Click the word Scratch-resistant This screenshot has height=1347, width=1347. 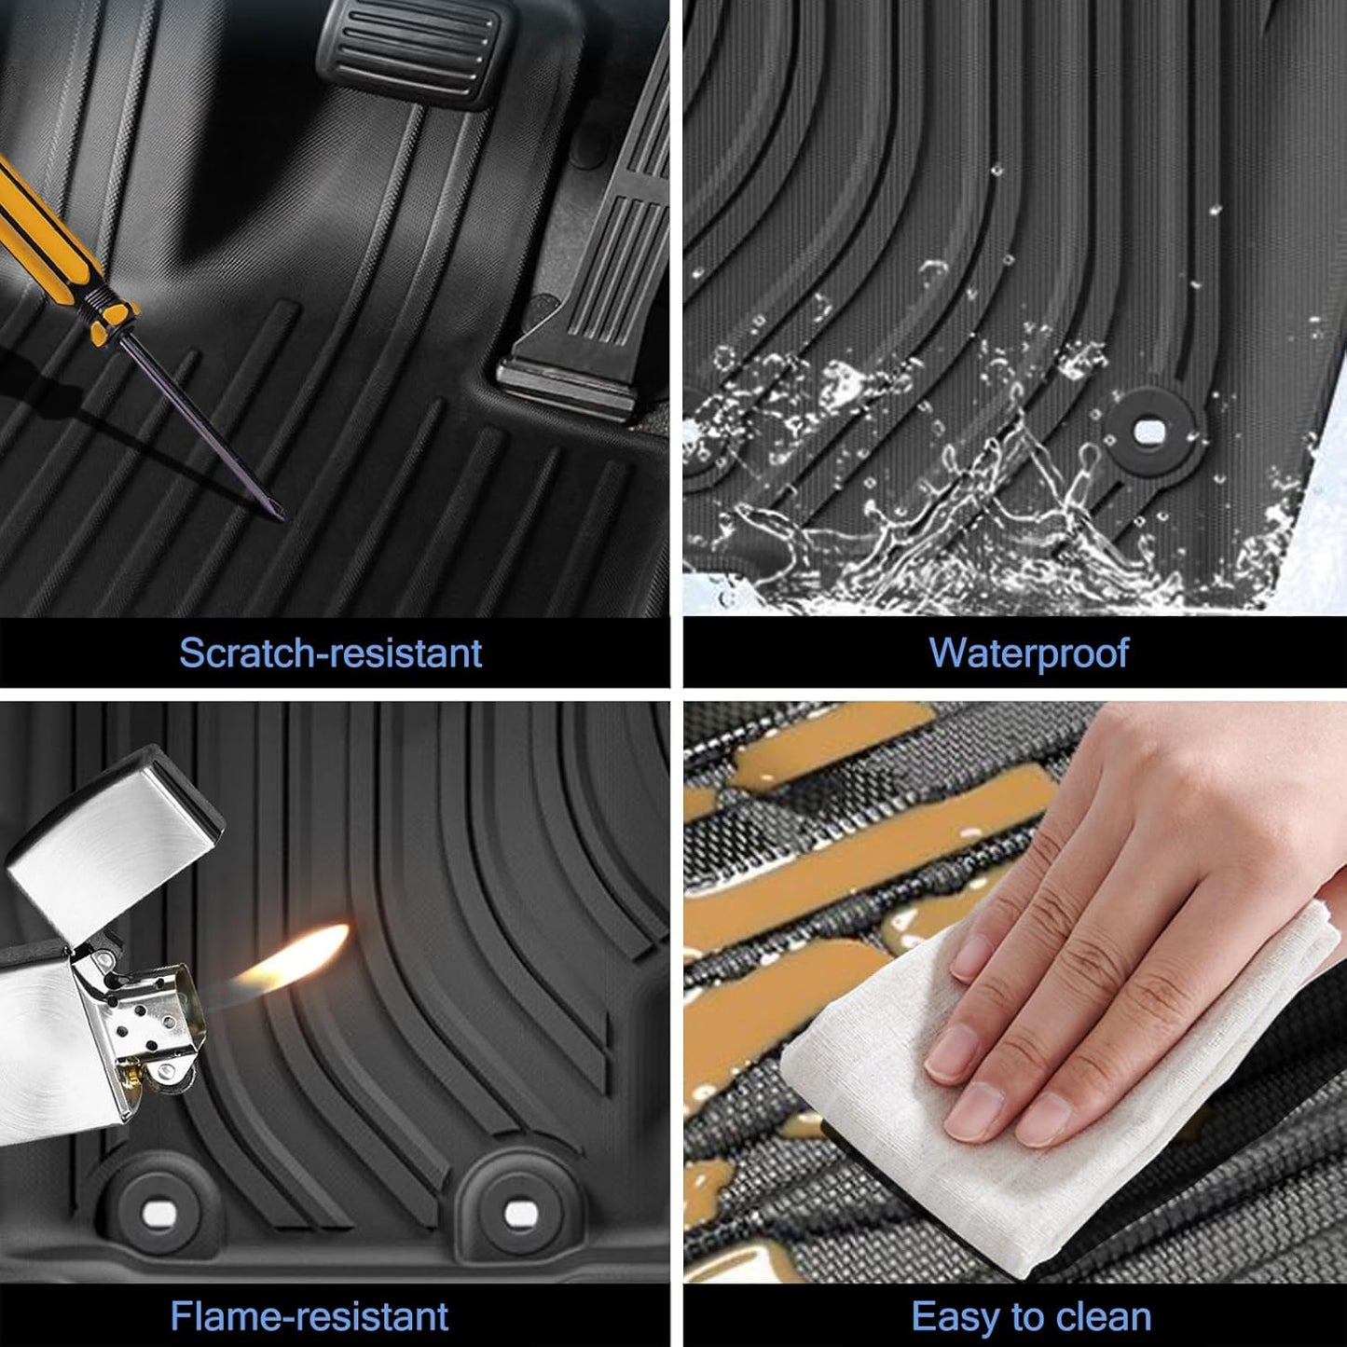331,653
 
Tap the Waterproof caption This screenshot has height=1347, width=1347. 1028,653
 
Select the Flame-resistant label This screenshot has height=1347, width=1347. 309,1316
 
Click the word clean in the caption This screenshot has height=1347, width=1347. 1101,1316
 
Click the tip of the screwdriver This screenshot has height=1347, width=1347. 282,517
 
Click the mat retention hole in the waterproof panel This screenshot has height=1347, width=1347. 1149,431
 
